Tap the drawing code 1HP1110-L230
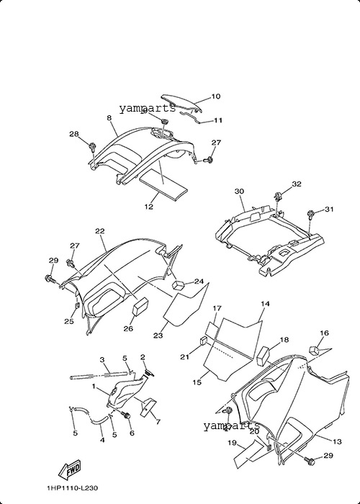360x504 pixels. pos(72,488)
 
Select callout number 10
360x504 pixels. pos(216,96)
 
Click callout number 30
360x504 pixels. pos(239,192)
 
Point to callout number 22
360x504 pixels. pos(100,231)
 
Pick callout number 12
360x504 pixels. pos(149,207)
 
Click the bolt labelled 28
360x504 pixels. pos(93,147)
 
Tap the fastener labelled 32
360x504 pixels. pos(278,195)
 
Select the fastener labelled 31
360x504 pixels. pos(311,214)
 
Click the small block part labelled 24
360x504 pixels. pos(179,284)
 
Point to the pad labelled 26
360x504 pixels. pos(140,307)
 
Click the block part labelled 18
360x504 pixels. pos(264,356)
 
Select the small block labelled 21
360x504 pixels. pos(204,341)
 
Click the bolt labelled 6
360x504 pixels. pos(127,416)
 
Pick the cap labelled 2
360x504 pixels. pos(150,373)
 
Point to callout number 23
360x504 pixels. pos(158,336)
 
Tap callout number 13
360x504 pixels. pos(337,441)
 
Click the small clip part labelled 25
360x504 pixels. pos(77,305)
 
